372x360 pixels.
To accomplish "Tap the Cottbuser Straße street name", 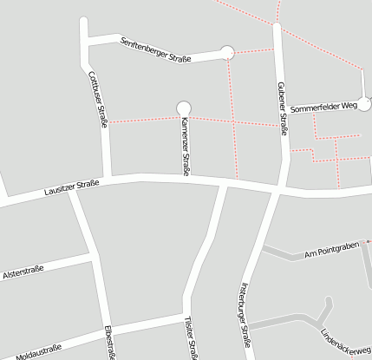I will (x=98, y=100).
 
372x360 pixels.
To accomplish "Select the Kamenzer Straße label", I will (x=185, y=145).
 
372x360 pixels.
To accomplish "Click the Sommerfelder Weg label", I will (x=323, y=108).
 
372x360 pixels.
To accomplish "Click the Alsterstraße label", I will (x=24, y=273).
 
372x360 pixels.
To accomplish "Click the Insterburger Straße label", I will (x=245, y=317).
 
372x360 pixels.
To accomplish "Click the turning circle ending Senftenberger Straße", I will (x=228, y=53).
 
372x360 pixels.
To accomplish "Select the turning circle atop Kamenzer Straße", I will (x=183, y=108).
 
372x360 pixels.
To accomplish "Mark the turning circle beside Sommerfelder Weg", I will (x=365, y=101).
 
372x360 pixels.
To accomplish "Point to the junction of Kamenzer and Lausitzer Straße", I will (x=185, y=178).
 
